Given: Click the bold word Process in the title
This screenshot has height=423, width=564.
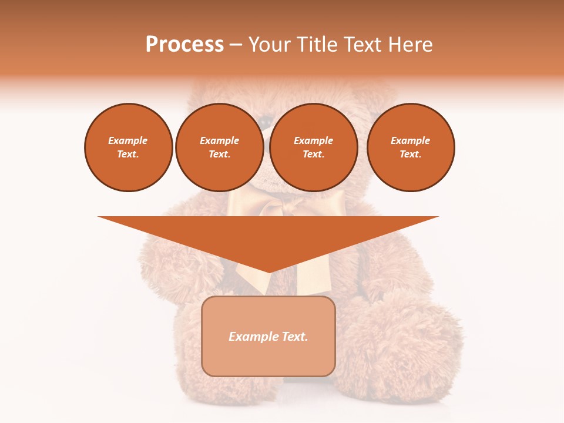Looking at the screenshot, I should (x=184, y=45).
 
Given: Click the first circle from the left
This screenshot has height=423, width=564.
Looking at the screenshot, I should (x=128, y=147).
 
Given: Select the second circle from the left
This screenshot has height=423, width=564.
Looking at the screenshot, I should (x=219, y=147).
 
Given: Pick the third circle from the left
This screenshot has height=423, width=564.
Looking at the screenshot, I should (x=313, y=147).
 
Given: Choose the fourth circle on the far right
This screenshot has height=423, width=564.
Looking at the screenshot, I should (x=410, y=147).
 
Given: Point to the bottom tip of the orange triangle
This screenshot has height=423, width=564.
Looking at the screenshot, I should (x=269, y=272).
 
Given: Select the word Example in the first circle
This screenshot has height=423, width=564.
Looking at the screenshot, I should (x=128, y=141).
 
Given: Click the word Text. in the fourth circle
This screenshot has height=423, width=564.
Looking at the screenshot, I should (x=410, y=155).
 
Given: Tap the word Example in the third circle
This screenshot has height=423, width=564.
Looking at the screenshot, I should (x=313, y=141).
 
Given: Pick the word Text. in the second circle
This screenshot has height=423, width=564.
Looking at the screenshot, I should (x=219, y=155).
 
